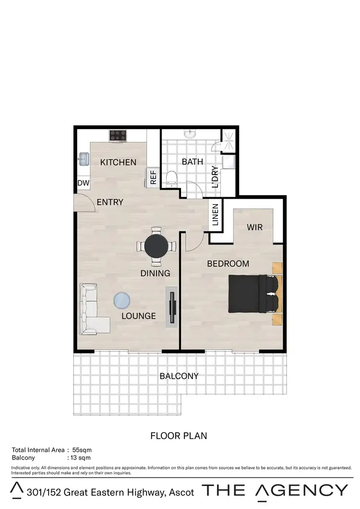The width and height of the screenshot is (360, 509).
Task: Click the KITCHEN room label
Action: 118,162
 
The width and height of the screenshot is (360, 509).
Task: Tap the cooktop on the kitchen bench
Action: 118,136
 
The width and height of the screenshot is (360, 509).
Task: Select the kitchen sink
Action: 84,158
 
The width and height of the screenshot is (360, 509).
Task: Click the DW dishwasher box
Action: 83,183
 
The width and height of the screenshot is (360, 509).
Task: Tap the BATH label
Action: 192,162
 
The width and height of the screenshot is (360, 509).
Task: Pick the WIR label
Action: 255,227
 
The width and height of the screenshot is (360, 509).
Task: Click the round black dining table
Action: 156,246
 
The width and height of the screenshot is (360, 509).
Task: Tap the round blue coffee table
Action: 121,301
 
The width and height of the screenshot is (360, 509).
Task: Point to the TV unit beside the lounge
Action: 172,307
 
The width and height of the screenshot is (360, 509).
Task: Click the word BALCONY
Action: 179,376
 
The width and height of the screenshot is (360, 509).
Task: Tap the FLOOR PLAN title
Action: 179,436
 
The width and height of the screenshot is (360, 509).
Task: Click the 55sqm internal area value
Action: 82,450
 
